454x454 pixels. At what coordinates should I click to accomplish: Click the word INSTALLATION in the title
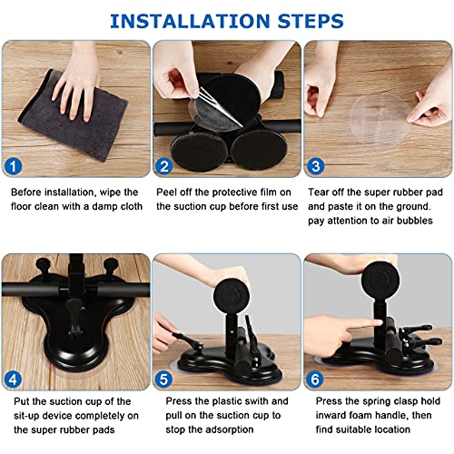(x=190, y=21)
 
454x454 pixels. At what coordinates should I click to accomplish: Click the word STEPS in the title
(x=311, y=21)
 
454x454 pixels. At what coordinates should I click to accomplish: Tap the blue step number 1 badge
(x=14, y=166)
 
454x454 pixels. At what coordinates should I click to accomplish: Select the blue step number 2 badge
(x=163, y=166)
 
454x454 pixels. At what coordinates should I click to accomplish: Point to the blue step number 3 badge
(x=316, y=166)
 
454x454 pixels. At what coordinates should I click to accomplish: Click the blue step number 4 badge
(x=14, y=380)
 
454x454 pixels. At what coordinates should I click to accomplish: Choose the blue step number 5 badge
(x=163, y=380)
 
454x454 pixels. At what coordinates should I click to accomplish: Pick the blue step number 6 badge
(x=315, y=380)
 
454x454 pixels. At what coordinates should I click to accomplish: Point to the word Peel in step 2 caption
(x=167, y=192)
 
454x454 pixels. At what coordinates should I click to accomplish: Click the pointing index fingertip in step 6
(x=379, y=323)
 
